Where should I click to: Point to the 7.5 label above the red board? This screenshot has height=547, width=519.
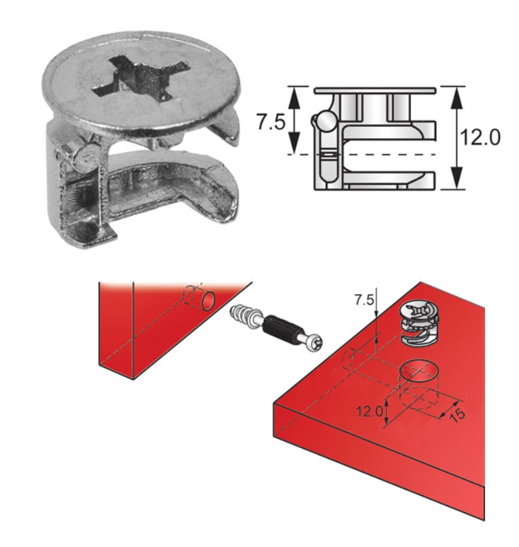pyautogui.click(x=364, y=300)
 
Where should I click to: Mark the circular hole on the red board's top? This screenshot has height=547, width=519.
pyautogui.click(x=420, y=371)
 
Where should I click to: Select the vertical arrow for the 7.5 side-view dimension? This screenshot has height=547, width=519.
pyautogui.click(x=294, y=120)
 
